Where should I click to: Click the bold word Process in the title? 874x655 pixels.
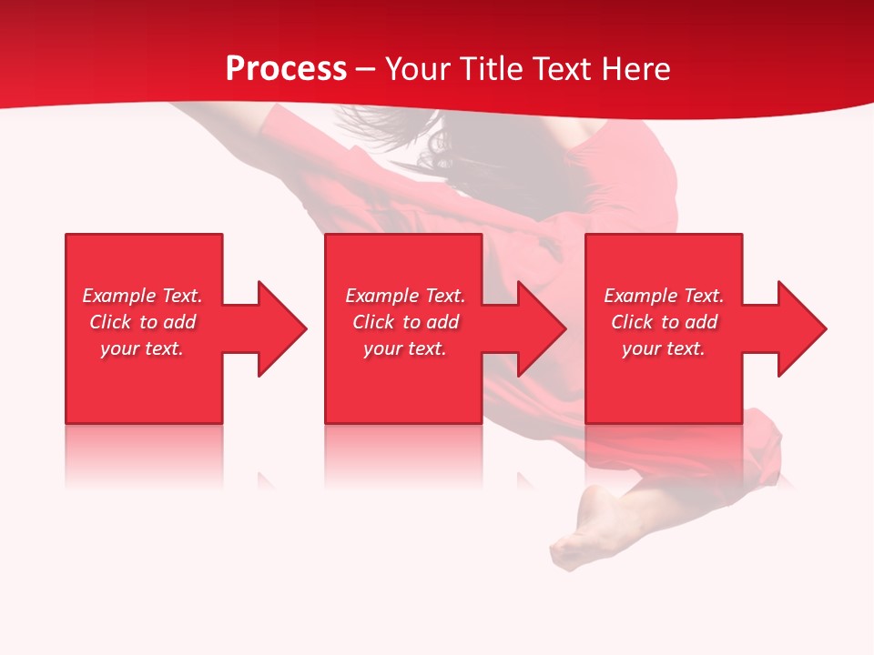pos(286,69)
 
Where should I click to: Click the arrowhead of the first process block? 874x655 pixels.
pos(279,328)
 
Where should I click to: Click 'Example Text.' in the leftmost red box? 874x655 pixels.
pos(142,296)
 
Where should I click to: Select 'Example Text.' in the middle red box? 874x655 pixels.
pos(405,296)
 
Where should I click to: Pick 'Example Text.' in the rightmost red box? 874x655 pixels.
pos(664,296)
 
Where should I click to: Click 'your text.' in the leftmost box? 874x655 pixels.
pos(142,348)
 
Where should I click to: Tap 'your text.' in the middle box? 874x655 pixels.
pos(405,348)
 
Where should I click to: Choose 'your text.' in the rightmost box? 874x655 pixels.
pos(664,348)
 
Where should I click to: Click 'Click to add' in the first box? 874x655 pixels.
pos(142,322)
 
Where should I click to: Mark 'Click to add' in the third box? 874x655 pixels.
pos(664,322)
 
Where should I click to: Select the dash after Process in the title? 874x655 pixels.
pos(366,70)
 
